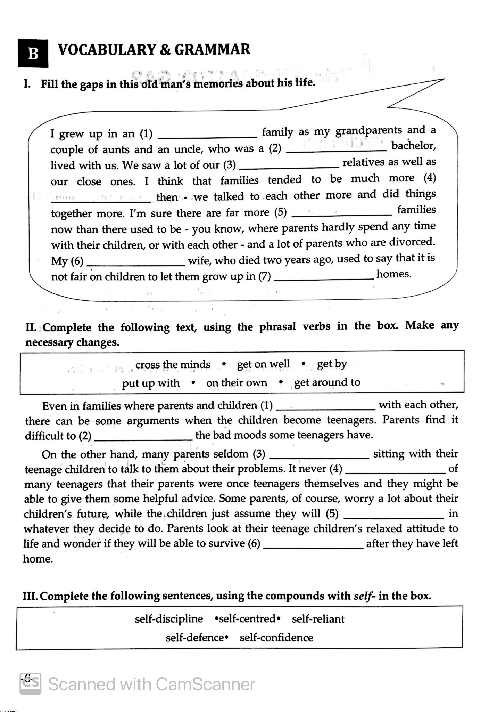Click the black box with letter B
point(33,52)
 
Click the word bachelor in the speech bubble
point(414,146)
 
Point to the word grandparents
point(369,131)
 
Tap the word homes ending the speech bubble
point(394,274)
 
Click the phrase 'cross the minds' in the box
point(173,364)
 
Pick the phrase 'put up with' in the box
point(151,383)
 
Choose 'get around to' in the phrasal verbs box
point(327,382)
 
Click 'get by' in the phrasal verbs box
point(332,364)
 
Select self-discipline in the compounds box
point(169,618)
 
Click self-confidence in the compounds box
point(276,638)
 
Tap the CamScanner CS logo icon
point(31,684)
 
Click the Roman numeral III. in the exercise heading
point(31,596)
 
